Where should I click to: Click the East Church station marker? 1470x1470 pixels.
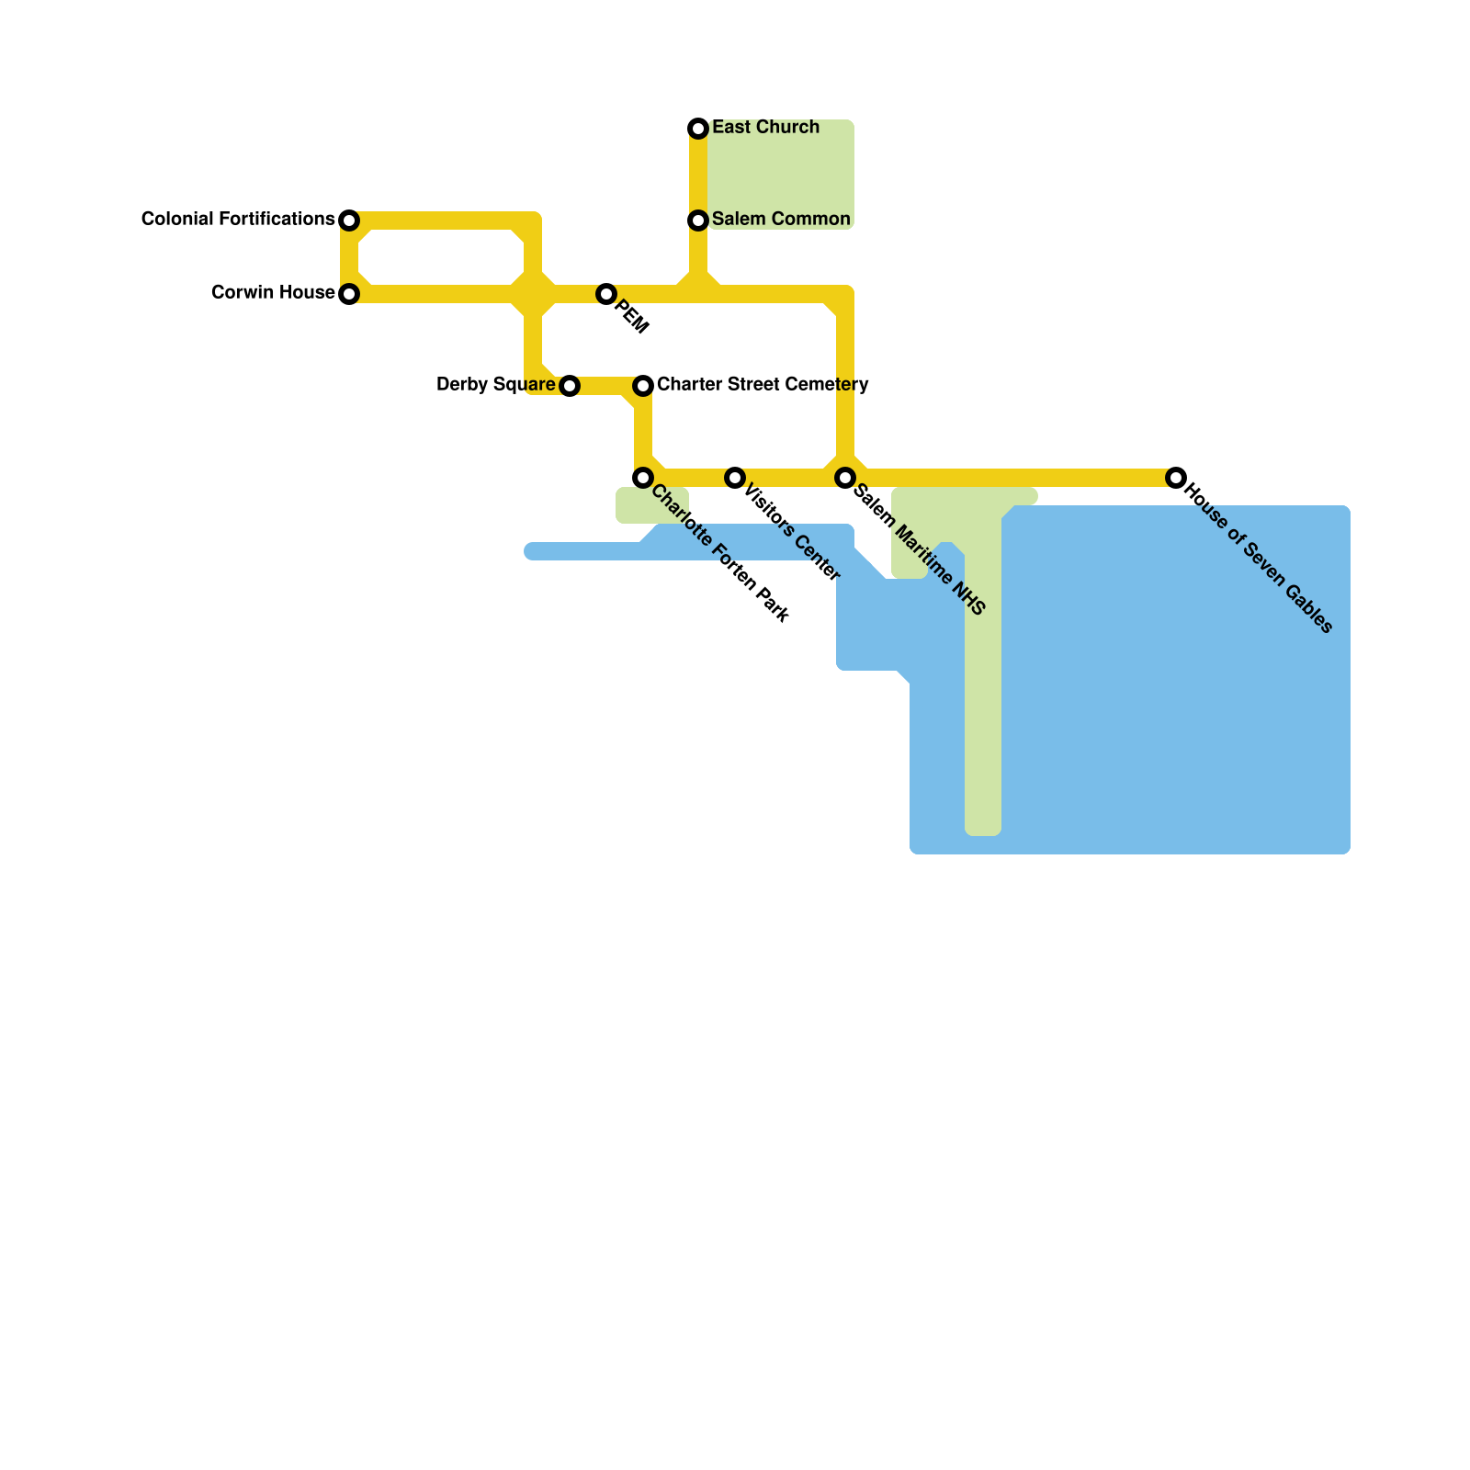point(698,128)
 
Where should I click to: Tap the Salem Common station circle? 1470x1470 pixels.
point(698,220)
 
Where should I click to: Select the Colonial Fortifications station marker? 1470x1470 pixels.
point(349,220)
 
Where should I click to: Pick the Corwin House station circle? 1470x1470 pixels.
point(349,294)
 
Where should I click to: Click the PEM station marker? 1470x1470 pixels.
point(605,294)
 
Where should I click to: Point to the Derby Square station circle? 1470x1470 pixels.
point(570,386)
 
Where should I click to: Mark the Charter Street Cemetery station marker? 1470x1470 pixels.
point(643,385)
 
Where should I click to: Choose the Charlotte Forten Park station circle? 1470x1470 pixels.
point(643,478)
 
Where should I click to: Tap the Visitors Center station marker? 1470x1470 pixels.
point(735,478)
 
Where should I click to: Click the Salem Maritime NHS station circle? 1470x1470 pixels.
point(845,478)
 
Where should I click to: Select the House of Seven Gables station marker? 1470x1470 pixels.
point(1176,478)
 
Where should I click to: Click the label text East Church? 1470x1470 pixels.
point(765,127)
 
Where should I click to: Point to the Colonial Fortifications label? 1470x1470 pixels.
point(237,219)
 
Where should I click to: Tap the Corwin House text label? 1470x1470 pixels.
point(273,293)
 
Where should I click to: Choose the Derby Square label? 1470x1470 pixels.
point(495,384)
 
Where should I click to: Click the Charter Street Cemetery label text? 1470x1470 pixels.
point(763,384)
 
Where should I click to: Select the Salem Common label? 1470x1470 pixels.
point(781,219)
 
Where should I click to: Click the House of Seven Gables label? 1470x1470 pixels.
point(1259,558)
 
